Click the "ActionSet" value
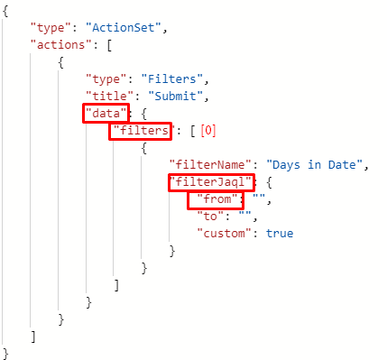click(124, 28)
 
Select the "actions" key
click(60, 45)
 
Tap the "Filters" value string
click(172, 79)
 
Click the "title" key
click(109, 97)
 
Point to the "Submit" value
click(176, 97)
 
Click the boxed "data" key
click(106, 114)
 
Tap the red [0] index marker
click(208, 131)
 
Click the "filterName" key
click(210, 165)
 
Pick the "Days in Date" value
click(315, 165)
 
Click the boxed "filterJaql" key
click(210, 182)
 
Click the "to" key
click(210, 217)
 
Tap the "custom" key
click(224, 234)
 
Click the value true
click(280, 234)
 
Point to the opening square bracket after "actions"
click(109, 45)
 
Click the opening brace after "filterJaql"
click(269, 182)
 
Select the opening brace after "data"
click(144, 114)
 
